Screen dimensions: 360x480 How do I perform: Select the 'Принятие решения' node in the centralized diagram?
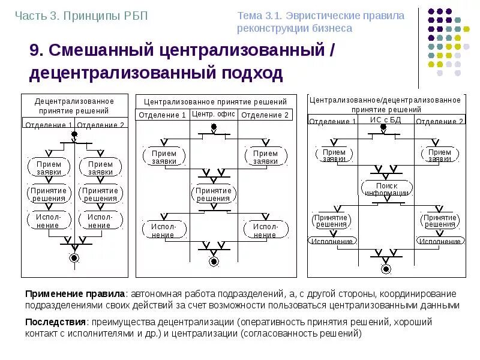[x=214, y=194]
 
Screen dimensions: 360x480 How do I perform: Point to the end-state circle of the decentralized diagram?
[x=74, y=258]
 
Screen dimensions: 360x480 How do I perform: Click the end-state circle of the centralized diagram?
[x=214, y=260]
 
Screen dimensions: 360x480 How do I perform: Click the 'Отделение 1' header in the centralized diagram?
[x=162, y=115]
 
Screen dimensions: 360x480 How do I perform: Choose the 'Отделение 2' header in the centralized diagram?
[x=265, y=115]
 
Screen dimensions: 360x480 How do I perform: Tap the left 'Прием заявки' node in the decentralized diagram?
[x=49, y=167]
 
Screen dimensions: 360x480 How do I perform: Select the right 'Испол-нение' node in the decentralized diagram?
[x=100, y=221]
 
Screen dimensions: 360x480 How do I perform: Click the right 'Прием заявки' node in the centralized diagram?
[x=265, y=157]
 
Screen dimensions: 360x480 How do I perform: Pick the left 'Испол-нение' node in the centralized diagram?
[x=164, y=230]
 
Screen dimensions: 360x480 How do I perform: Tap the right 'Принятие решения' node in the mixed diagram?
[x=440, y=220]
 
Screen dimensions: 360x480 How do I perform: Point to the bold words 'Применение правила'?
[x=74, y=294]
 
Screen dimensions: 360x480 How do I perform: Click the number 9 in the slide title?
[x=34, y=50]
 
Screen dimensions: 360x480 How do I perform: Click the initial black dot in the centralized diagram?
[x=212, y=127]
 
